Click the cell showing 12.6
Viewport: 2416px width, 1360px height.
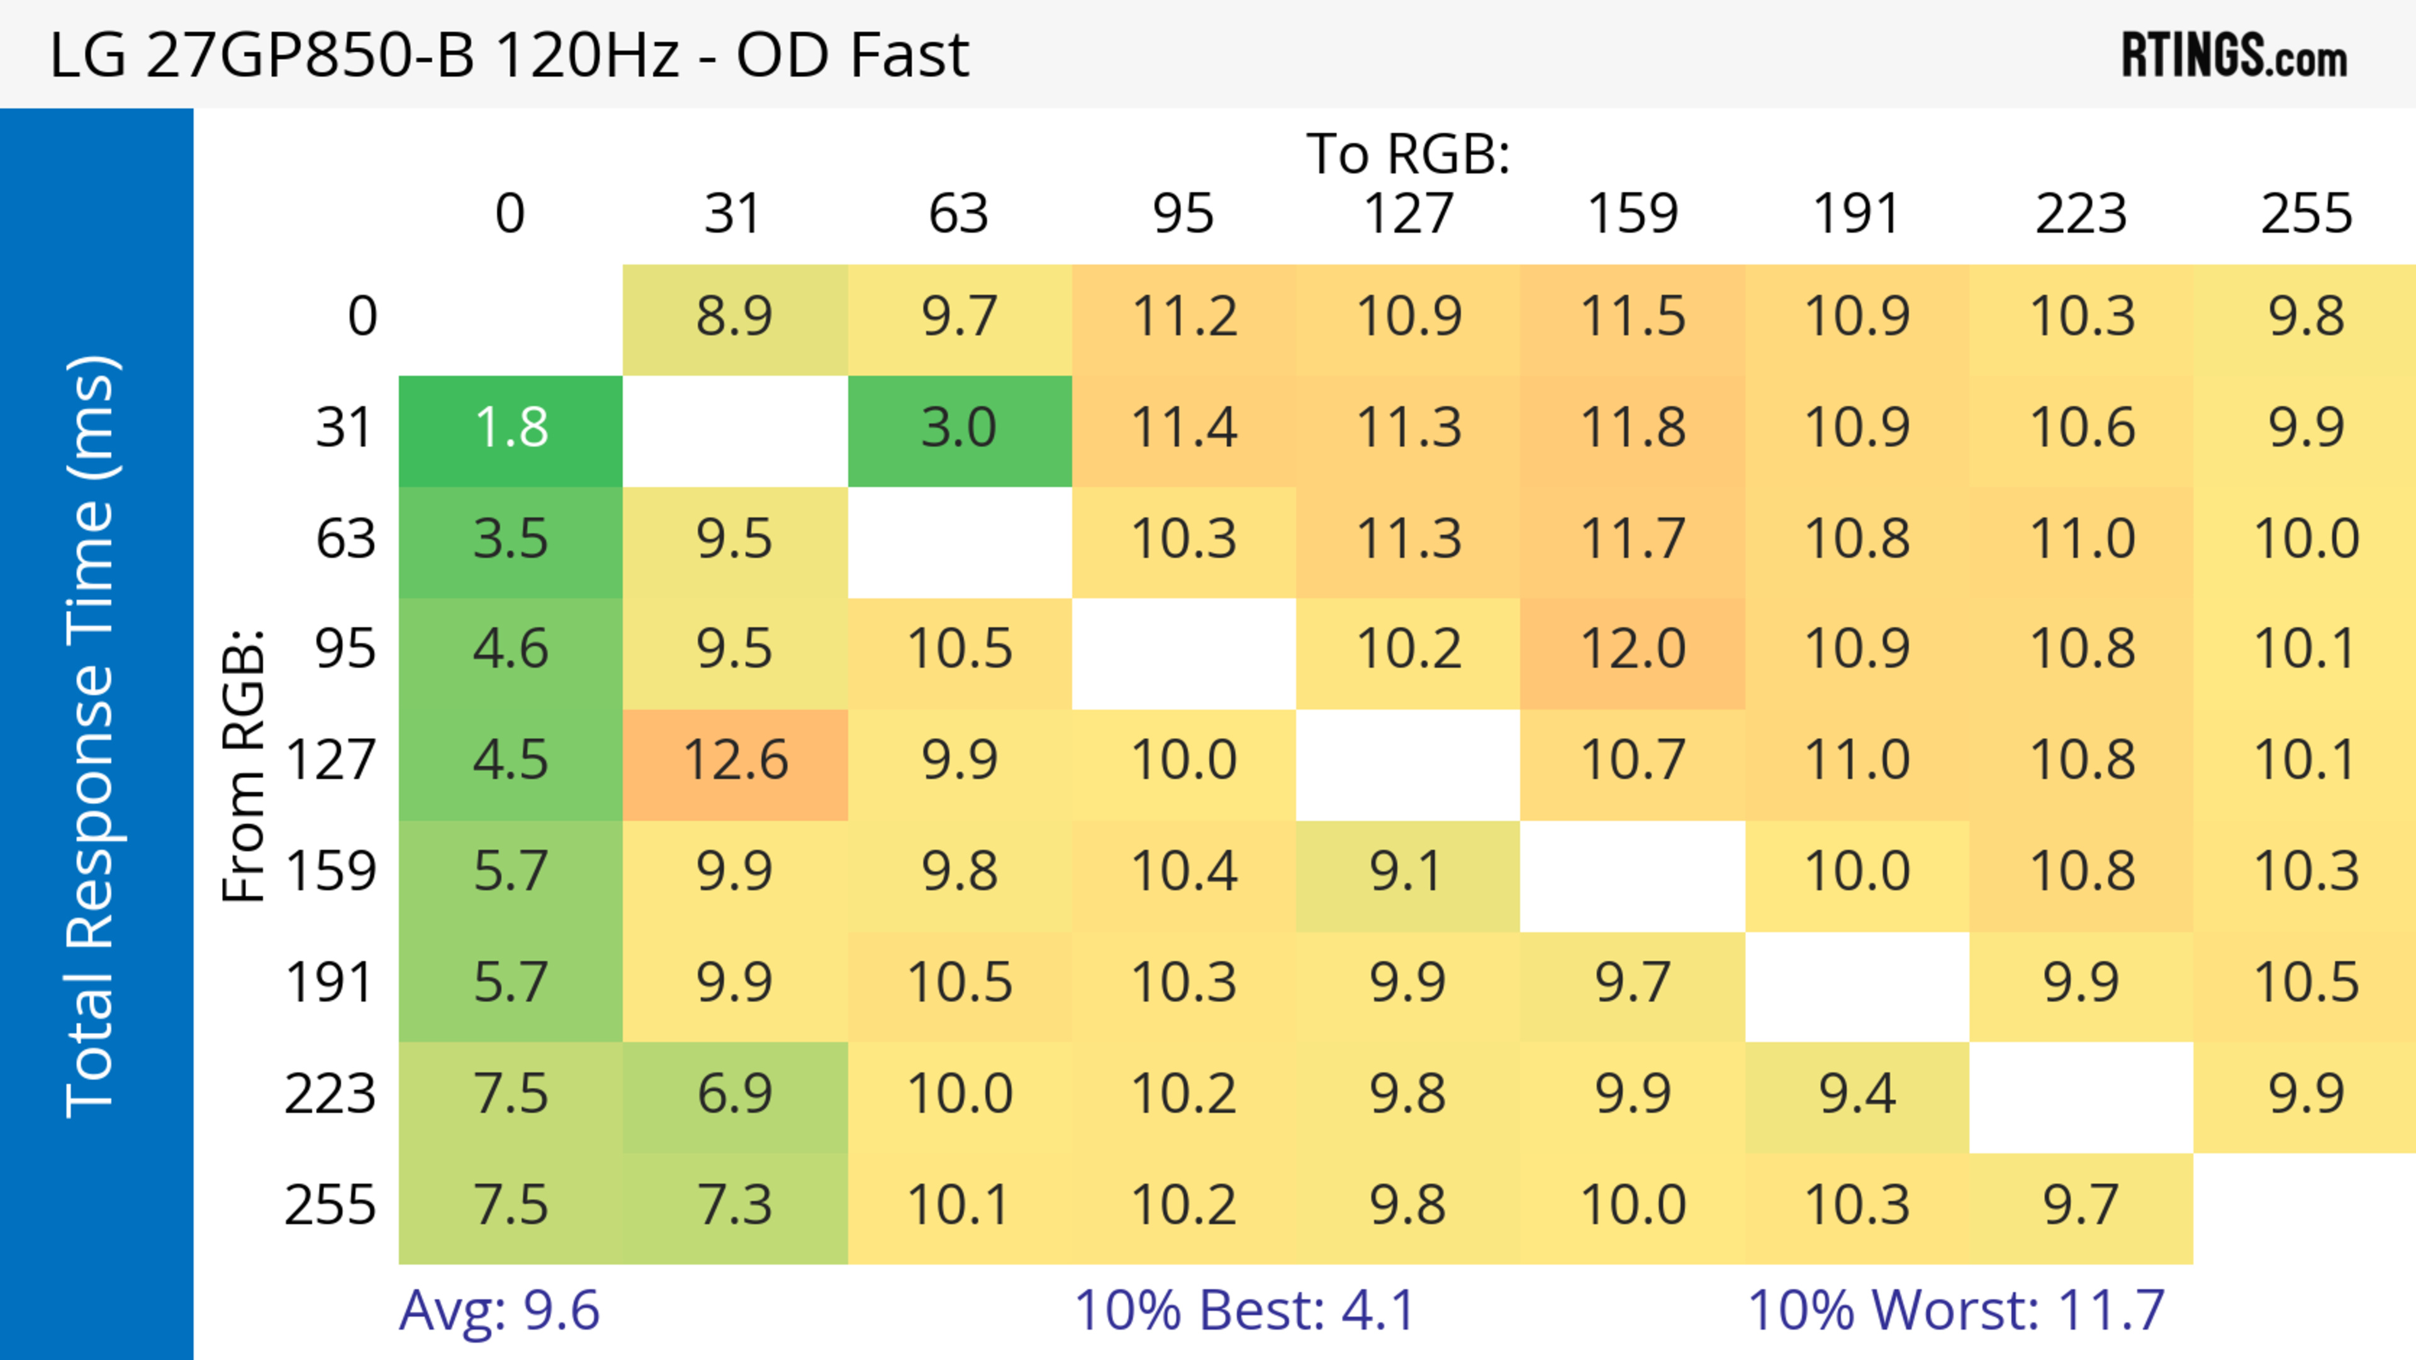coord(735,760)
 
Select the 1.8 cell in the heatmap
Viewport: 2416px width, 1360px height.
coord(511,428)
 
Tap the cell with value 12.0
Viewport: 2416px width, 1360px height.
coord(1633,649)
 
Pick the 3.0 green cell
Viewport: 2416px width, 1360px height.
coord(959,428)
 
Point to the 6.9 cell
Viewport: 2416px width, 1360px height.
coord(735,1094)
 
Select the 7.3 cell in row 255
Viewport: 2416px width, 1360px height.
coord(735,1205)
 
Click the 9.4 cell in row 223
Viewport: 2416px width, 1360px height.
coord(1857,1094)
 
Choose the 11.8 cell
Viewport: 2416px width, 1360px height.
coord(1633,428)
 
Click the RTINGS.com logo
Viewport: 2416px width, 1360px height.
coord(2234,55)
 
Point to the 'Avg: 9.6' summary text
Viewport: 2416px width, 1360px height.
coord(499,1310)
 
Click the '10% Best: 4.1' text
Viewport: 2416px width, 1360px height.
coord(1244,1310)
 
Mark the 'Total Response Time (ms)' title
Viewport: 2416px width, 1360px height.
coord(92,737)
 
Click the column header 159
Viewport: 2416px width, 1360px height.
coord(1633,214)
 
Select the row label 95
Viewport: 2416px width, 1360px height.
coord(345,649)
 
